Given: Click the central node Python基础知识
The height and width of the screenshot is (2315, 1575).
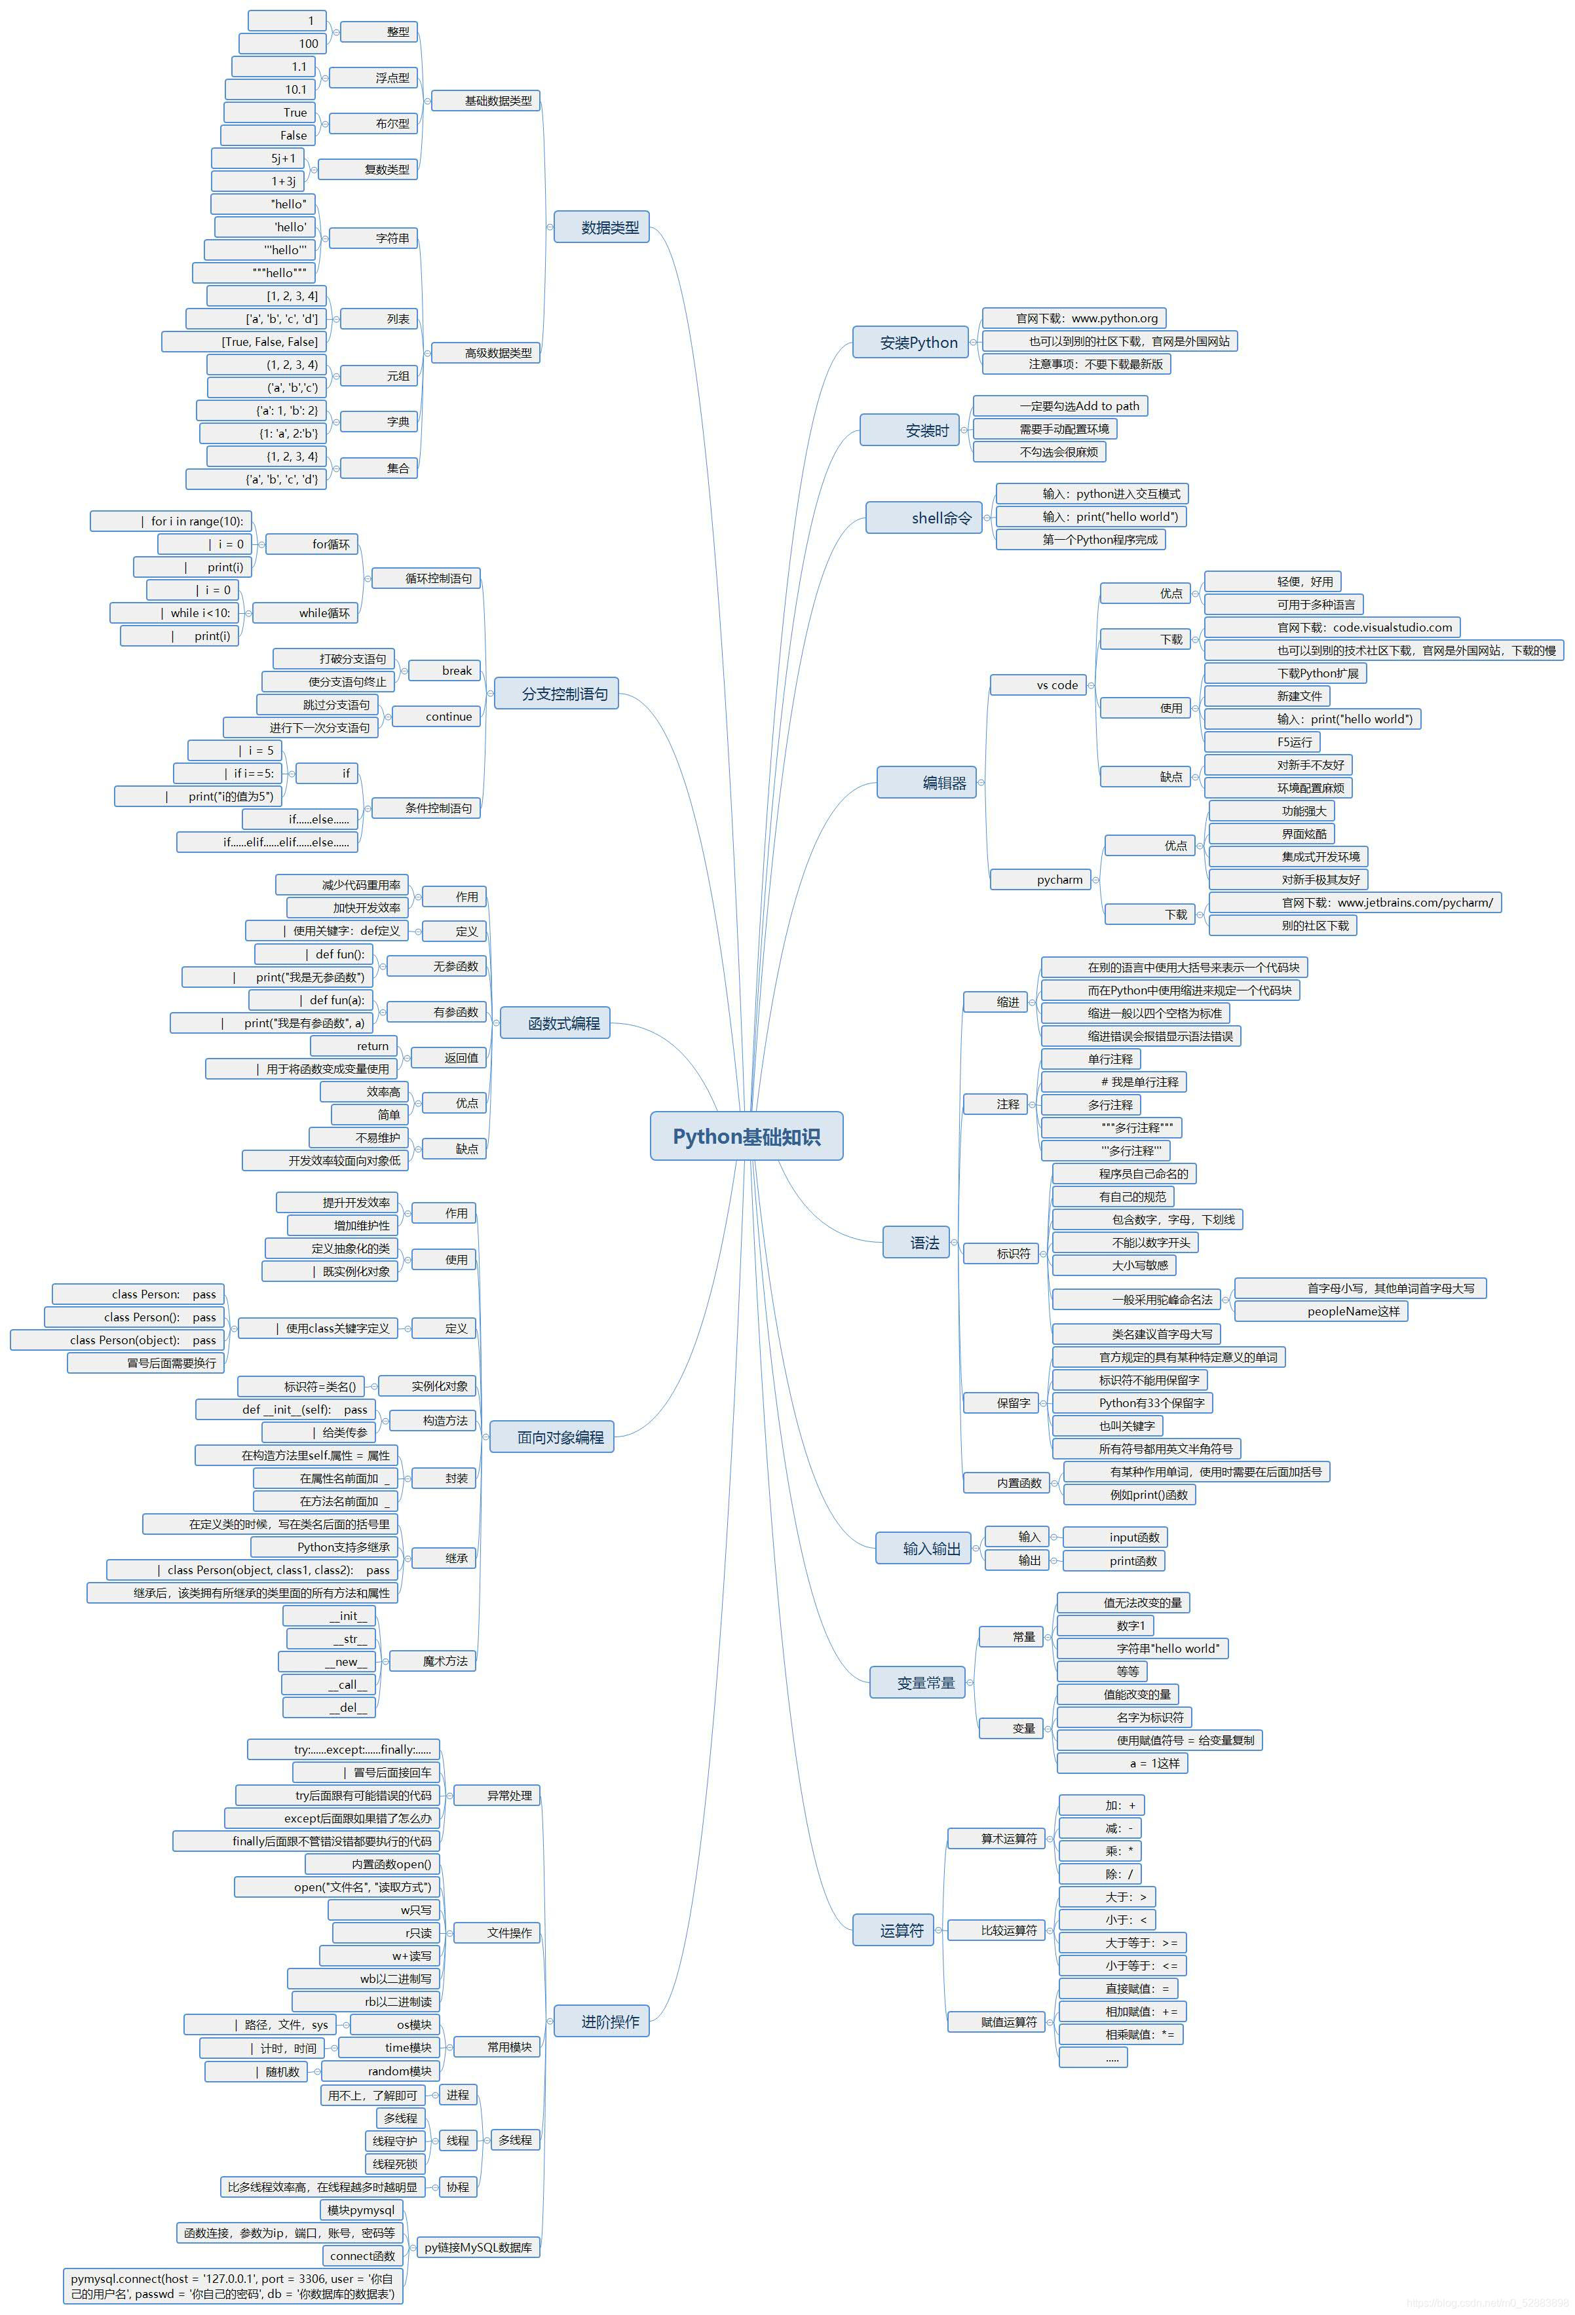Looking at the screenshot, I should click(746, 1136).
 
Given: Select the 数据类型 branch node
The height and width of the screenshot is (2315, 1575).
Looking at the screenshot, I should click(601, 227).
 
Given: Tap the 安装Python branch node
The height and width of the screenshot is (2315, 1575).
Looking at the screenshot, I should click(911, 342).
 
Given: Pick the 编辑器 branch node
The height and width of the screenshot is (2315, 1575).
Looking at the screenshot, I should click(926, 783).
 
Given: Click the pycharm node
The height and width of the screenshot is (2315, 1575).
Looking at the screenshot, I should click(1042, 880).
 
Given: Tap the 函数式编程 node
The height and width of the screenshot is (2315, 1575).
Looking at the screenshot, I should click(555, 1023).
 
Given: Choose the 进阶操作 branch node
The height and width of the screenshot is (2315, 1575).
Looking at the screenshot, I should click(601, 2021).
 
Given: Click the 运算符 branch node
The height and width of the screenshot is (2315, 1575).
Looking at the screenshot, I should click(894, 1930).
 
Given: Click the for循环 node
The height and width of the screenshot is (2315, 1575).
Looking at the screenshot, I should click(312, 544).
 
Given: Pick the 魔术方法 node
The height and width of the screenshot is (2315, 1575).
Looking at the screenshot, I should click(432, 1661).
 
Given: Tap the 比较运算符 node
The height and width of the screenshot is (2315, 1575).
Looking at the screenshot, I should click(998, 1930).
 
